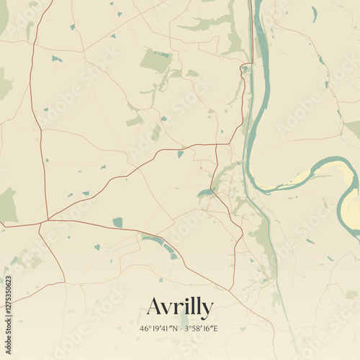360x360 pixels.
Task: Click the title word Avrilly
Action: coord(180,307)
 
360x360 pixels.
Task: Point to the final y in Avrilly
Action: coord(207,310)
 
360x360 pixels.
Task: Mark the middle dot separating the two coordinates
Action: coord(181,328)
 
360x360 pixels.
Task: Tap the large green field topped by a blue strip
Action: coord(156,61)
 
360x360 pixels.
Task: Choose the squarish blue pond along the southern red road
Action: coord(117,222)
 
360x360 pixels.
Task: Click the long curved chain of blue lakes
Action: coord(161,245)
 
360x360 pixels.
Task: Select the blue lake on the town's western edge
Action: coord(204,193)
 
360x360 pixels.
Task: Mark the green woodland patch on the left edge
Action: coord(7,206)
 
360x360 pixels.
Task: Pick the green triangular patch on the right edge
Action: coord(354,128)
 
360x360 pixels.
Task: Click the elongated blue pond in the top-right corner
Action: coord(315,14)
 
